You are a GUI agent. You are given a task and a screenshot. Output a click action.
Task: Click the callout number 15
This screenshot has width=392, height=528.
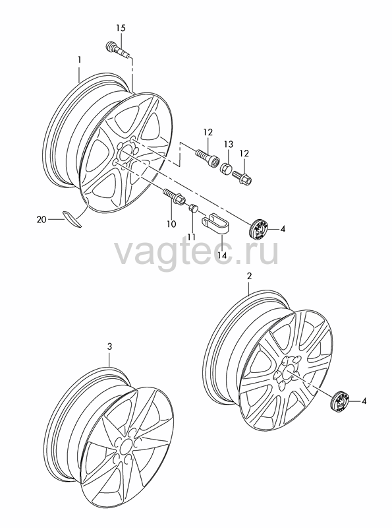coord(121,28)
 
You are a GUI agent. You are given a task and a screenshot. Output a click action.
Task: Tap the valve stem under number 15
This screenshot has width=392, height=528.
coord(117,50)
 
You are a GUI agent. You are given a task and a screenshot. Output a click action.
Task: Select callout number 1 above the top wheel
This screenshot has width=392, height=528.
coord(79,59)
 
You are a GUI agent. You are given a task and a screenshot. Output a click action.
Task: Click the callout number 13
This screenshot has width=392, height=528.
coord(229,145)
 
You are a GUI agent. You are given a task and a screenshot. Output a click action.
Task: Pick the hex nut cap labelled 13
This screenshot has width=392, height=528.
coord(226,168)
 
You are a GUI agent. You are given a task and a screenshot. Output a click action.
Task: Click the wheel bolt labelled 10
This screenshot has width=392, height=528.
coord(173,197)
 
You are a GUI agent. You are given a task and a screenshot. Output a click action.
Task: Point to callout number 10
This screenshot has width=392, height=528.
coord(171,223)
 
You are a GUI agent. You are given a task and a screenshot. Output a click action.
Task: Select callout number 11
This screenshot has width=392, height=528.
coord(192,237)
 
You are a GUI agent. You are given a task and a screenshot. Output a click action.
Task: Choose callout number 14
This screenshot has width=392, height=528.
coord(223,255)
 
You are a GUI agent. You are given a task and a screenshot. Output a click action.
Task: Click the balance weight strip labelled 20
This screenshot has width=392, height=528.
coord(72,219)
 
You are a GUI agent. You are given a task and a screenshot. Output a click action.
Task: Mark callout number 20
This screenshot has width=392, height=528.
coord(42,220)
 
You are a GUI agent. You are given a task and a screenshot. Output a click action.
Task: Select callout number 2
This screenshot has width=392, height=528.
coord(249,276)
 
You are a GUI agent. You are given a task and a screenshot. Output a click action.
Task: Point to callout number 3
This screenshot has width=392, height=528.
coord(109,346)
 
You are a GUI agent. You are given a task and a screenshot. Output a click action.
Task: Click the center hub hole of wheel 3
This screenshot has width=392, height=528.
coord(125,447)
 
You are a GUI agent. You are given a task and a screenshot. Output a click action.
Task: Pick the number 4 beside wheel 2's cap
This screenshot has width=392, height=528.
coord(364,401)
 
